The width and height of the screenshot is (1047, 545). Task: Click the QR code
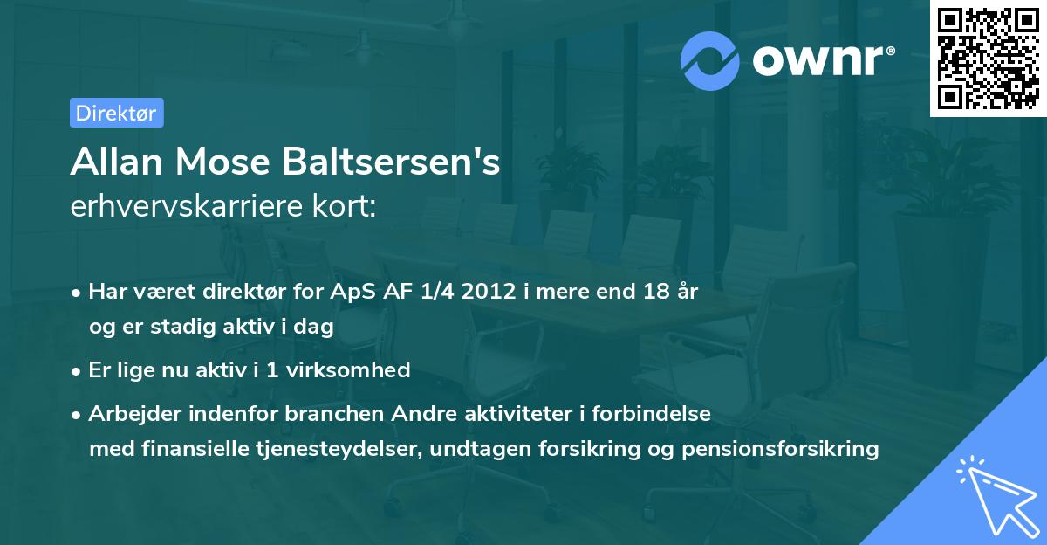point(987,59)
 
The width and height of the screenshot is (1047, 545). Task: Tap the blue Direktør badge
point(116,113)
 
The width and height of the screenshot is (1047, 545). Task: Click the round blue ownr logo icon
point(709,61)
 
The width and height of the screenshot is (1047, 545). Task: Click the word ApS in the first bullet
point(356,292)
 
